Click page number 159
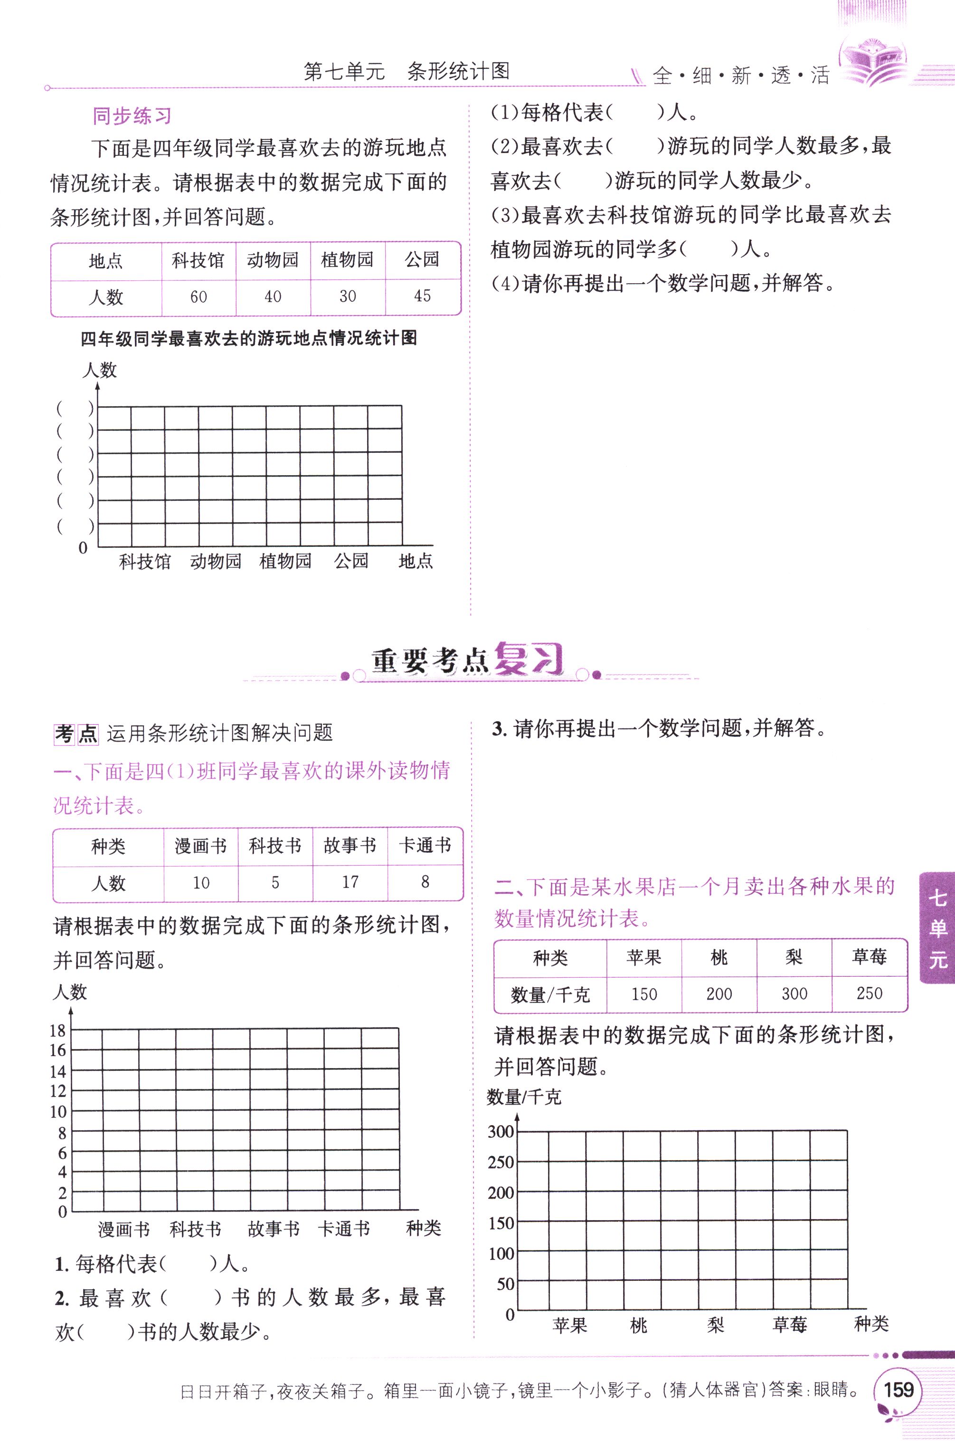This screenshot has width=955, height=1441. [x=898, y=1389]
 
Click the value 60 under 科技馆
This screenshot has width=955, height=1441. [x=199, y=297]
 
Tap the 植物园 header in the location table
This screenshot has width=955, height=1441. [x=347, y=260]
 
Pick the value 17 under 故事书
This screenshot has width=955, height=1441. [x=350, y=882]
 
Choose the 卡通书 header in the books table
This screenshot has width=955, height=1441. [x=425, y=845]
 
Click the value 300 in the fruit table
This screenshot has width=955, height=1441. [x=794, y=994]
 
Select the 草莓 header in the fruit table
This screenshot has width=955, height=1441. [x=869, y=957]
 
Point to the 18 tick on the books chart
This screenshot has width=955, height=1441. [x=58, y=1031]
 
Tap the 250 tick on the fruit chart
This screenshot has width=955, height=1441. [x=501, y=1162]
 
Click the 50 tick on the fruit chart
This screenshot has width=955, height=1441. [x=505, y=1284]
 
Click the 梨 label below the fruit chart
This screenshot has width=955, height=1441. [x=716, y=1324]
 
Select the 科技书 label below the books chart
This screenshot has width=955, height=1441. [x=195, y=1229]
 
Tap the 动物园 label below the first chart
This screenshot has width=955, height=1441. [x=216, y=561]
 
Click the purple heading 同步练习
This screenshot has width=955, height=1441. [x=132, y=116]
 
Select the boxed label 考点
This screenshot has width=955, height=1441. [x=76, y=734]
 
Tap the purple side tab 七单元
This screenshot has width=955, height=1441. [x=937, y=927]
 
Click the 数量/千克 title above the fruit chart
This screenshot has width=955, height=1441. [x=524, y=1097]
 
